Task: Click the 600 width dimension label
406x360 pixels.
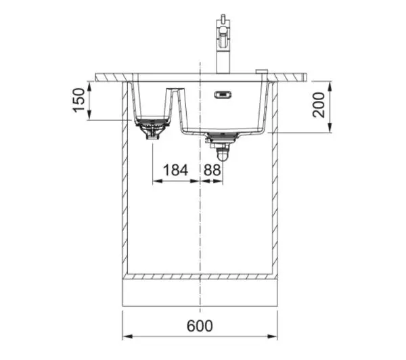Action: (x=200, y=325)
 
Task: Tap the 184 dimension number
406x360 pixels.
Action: (x=175, y=170)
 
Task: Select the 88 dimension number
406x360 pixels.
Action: (x=212, y=170)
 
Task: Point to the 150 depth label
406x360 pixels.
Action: (x=78, y=100)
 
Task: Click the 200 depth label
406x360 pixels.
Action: (x=318, y=105)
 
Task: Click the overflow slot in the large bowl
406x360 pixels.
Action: (x=223, y=95)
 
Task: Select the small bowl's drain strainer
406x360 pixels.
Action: (x=152, y=128)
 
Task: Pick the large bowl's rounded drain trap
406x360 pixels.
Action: (x=222, y=154)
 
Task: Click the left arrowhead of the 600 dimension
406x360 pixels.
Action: (x=127, y=336)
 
